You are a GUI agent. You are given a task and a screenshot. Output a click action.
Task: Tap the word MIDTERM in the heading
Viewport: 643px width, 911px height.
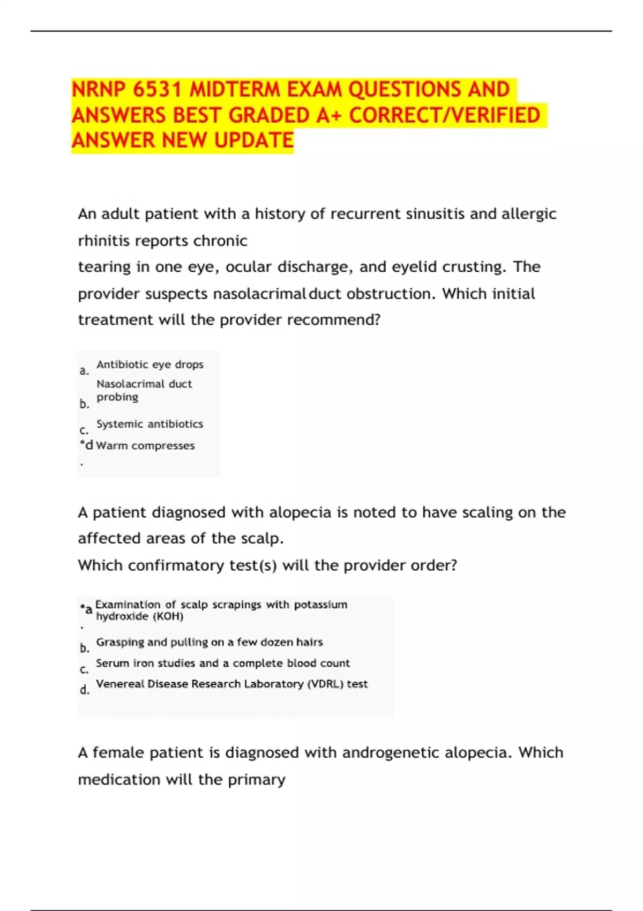click(235, 89)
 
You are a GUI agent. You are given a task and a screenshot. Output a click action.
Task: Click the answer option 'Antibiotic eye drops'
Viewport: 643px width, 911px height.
click(149, 364)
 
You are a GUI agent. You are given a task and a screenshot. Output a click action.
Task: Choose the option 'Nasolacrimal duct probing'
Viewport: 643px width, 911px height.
click(144, 390)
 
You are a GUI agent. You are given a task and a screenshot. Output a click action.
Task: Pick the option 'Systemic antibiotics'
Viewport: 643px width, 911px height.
click(149, 424)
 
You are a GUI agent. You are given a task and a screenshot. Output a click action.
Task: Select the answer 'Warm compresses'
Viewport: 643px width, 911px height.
click(145, 445)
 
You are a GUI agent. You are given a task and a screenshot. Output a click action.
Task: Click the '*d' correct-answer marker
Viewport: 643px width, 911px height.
click(86, 445)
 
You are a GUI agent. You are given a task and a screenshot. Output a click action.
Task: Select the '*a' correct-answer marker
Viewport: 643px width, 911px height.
click(86, 609)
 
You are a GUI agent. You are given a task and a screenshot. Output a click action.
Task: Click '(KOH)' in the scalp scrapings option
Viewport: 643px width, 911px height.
click(168, 616)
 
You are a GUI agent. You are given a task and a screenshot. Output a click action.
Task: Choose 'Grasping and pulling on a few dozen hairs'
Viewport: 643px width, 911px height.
click(210, 642)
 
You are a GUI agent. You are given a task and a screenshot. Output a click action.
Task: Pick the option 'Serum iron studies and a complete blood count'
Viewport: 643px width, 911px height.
click(222, 663)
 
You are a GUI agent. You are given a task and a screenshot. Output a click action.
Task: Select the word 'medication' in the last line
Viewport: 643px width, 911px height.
click(119, 779)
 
